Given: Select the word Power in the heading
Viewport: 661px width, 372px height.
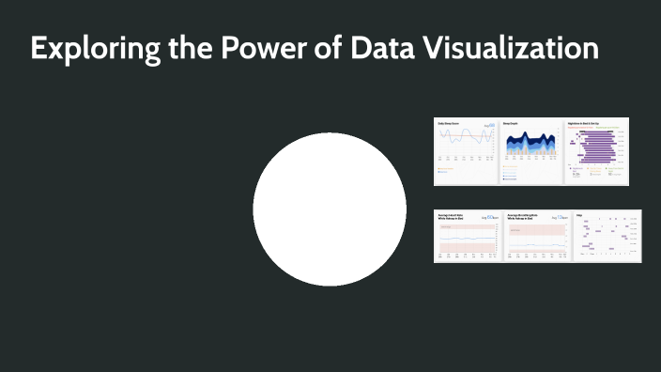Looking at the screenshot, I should coord(246,49).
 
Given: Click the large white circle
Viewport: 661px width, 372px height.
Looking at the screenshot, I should coord(330,209).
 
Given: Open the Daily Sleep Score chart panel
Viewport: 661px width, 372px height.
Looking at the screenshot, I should coord(465,151).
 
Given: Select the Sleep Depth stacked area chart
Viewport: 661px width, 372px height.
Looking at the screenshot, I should coord(530,151).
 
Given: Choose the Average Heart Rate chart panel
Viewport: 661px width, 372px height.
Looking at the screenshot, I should coord(467,236).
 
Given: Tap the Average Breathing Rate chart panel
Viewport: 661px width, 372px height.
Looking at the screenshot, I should coord(537,236).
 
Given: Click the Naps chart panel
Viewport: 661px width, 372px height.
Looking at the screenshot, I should coord(607,236).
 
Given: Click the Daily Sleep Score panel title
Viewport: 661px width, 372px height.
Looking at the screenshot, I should coord(449,122).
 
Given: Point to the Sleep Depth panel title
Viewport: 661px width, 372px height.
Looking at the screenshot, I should coord(513,122).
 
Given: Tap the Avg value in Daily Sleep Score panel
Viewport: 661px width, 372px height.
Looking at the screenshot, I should coord(489,124).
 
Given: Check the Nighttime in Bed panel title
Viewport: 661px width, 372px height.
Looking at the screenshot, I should coord(584,122).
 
